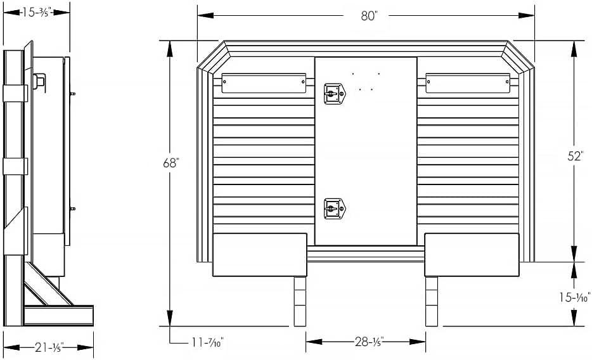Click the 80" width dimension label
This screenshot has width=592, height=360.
(x=370, y=16)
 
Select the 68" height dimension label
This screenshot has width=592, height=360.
(x=171, y=163)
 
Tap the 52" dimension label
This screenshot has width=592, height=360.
(x=576, y=156)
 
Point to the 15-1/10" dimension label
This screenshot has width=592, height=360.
(x=575, y=297)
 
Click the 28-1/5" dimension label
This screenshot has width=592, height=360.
(x=369, y=342)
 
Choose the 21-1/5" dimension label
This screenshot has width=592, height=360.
(x=49, y=347)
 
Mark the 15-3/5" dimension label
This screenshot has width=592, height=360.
(x=37, y=12)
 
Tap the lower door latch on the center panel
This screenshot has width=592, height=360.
(x=335, y=209)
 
